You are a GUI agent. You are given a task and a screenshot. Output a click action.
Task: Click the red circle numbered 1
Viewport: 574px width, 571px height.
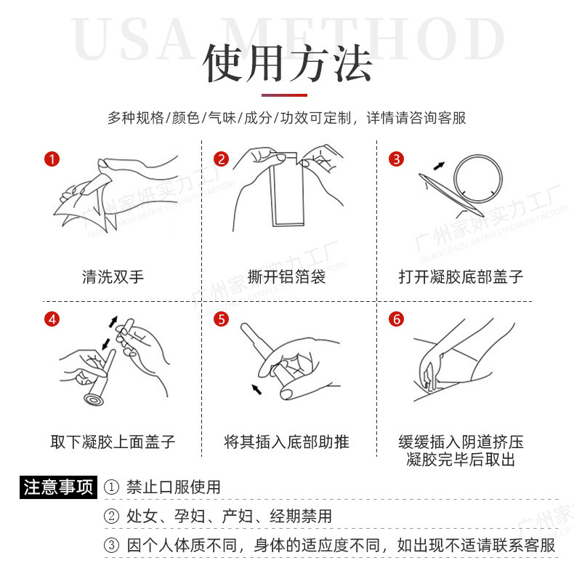(x=52, y=159)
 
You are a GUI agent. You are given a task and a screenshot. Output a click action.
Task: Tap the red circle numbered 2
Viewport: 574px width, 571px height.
(x=221, y=159)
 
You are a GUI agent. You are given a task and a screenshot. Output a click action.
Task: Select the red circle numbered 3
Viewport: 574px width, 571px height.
(x=397, y=159)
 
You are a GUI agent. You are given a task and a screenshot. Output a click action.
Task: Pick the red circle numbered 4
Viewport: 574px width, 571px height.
(x=52, y=319)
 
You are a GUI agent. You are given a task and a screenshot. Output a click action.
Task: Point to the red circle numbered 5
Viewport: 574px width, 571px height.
(x=221, y=319)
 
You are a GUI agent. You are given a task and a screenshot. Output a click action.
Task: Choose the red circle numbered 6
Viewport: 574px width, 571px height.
(x=397, y=319)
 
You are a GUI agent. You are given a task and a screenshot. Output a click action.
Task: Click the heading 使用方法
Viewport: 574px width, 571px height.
(x=288, y=63)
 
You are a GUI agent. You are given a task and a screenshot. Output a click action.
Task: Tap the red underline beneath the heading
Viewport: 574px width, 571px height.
(x=284, y=95)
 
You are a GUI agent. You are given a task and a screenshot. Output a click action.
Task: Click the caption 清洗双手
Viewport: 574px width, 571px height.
(x=113, y=276)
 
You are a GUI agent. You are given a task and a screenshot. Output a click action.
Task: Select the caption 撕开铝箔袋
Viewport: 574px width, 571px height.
(x=286, y=276)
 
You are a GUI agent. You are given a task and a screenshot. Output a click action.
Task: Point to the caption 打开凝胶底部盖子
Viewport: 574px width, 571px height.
(x=461, y=276)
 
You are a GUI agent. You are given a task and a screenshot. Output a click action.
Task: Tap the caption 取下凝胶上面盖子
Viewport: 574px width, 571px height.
(x=113, y=442)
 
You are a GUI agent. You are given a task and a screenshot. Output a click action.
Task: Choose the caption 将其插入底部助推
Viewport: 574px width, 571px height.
(x=286, y=442)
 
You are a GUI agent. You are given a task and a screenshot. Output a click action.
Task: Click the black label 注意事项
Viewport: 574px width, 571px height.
(x=59, y=487)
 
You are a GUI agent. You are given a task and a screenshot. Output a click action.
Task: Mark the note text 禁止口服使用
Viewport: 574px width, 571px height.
(x=174, y=487)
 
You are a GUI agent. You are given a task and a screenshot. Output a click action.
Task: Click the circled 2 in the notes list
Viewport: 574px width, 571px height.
(x=112, y=516)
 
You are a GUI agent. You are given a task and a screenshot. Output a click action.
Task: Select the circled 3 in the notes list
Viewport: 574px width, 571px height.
(x=112, y=546)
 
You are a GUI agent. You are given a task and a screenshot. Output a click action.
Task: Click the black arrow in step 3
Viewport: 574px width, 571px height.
(x=439, y=166)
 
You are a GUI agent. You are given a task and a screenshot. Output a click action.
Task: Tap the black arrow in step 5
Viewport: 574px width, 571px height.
(x=256, y=389)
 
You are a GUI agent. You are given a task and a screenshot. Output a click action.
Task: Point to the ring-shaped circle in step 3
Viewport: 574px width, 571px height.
(x=478, y=156)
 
